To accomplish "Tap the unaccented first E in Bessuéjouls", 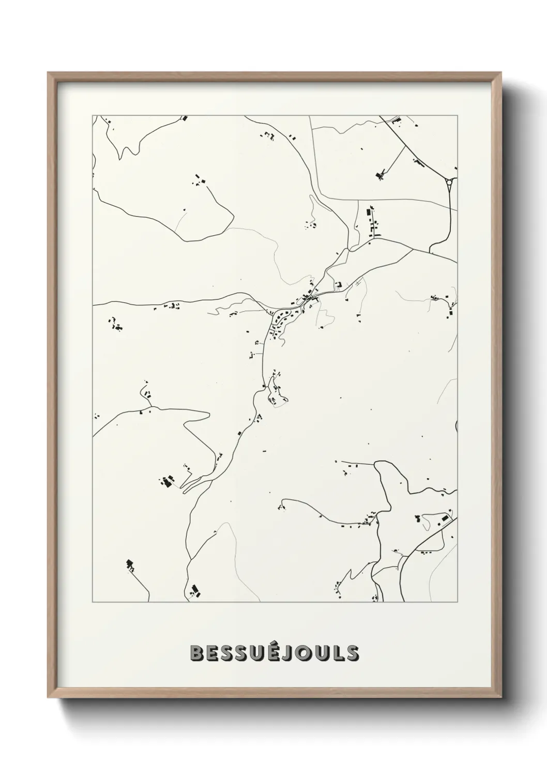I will (212, 653).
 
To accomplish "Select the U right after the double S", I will (258, 653).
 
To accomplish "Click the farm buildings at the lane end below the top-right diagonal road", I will (381, 175).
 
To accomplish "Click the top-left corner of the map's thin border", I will (93, 115).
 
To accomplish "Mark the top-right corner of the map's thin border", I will (457, 115).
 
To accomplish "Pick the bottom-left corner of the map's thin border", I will (93, 602).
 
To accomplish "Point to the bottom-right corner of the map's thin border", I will (457, 602).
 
